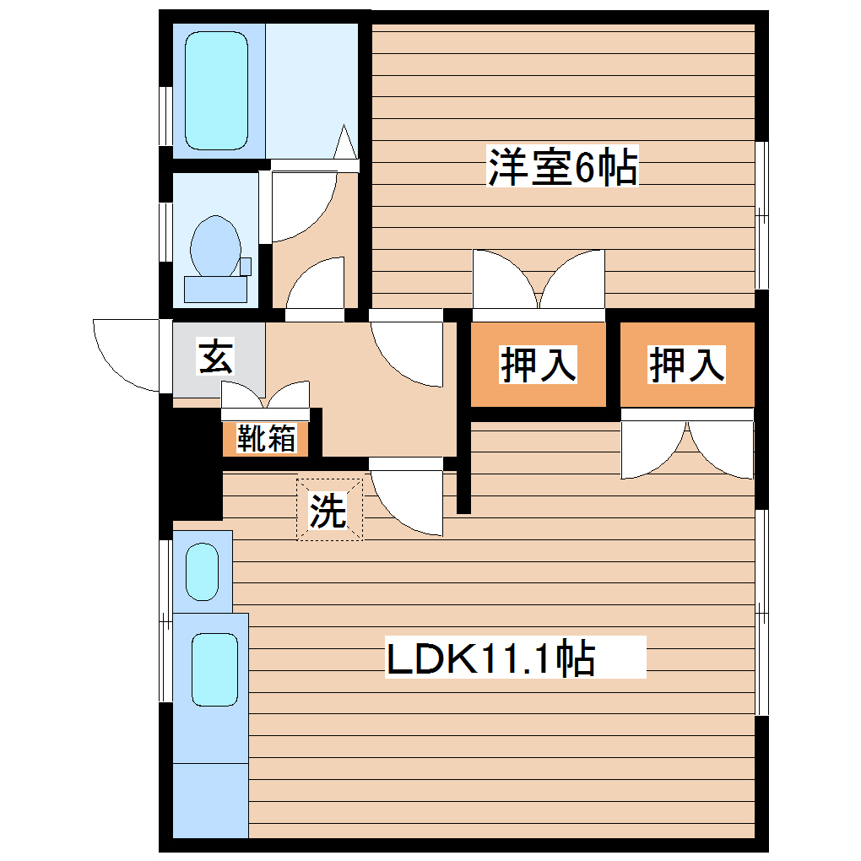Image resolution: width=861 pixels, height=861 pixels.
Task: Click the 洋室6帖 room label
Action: [561, 167]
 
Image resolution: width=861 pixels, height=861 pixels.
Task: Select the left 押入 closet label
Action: [539, 365]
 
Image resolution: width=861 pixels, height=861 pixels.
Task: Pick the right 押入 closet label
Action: [686, 365]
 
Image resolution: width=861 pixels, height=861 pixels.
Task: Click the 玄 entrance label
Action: [214, 358]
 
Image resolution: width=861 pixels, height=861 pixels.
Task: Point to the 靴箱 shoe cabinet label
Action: [266, 439]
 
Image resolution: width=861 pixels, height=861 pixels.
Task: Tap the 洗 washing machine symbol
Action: [328, 510]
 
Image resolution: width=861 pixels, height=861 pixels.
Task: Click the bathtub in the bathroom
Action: [216, 90]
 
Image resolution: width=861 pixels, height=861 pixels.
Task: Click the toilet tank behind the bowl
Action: [215, 289]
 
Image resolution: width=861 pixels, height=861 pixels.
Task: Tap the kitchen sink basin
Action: [214, 669]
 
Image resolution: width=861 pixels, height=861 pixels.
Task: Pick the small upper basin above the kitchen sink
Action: [202, 572]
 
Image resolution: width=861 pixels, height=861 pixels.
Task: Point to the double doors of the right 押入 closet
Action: [686, 447]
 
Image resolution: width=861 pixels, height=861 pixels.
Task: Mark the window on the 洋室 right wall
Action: [761, 215]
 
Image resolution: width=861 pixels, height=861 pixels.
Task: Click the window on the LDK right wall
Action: [761, 612]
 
